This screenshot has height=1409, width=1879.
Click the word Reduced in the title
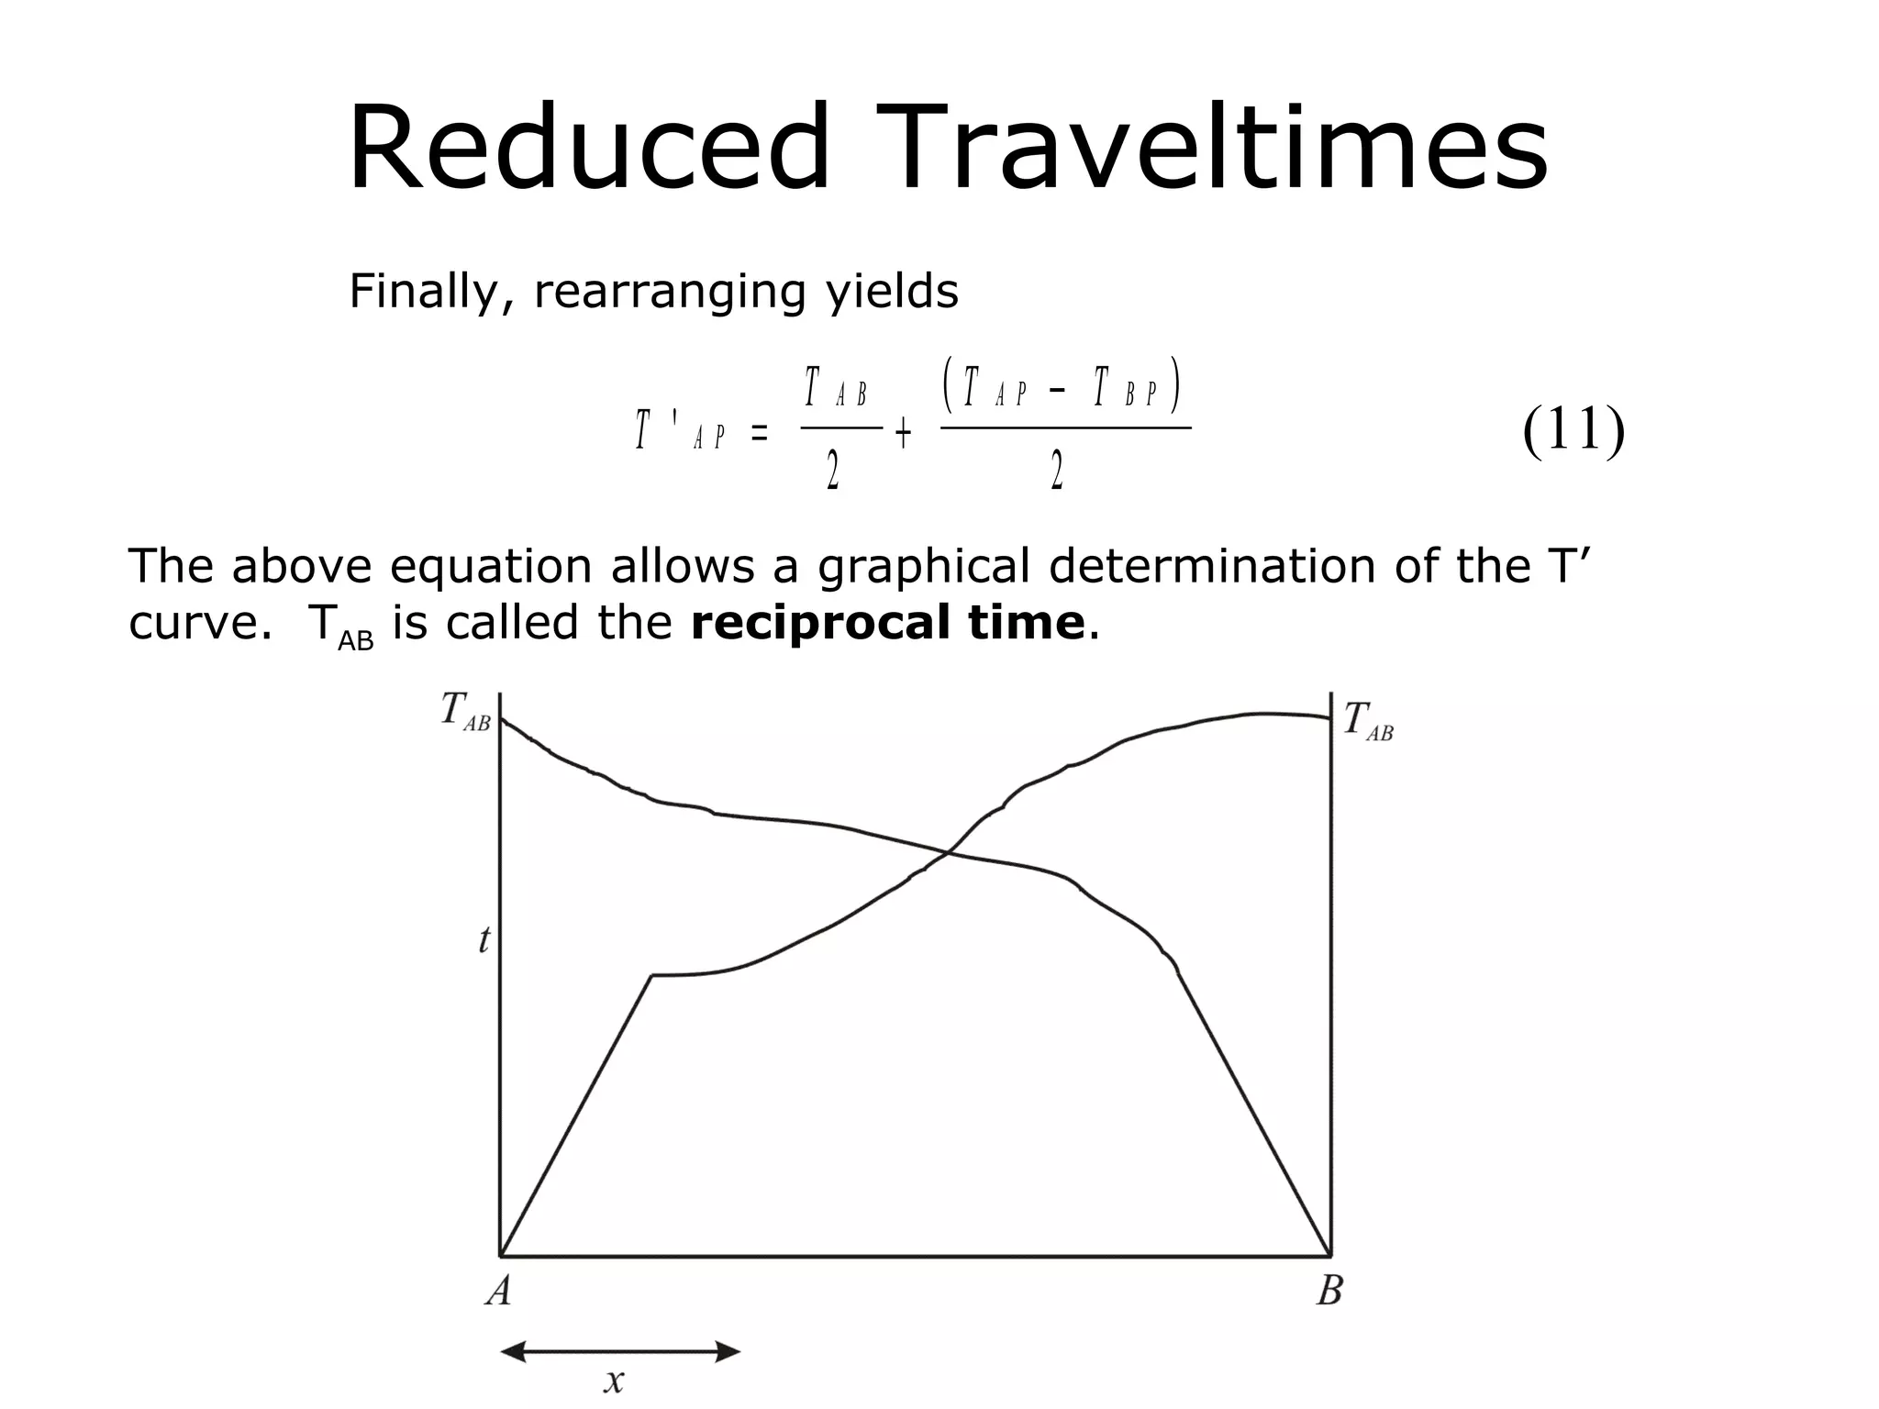tap(588, 149)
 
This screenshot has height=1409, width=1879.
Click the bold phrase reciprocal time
tap(887, 624)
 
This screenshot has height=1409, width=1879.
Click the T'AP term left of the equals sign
tap(680, 431)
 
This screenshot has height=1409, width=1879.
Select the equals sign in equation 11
tap(759, 434)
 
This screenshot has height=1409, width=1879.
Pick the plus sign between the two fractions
tap(903, 434)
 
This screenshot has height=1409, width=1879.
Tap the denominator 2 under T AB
tap(833, 473)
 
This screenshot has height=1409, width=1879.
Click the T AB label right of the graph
tap(1368, 720)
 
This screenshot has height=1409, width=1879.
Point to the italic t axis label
tap(484, 940)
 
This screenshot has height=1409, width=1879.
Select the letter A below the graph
tap(498, 1291)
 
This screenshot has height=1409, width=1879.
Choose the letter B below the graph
tap(1329, 1291)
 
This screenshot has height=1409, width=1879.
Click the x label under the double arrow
tap(614, 1380)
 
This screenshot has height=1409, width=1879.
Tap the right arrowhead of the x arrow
tap(729, 1351)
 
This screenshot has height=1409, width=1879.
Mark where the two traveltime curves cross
tap(948, 854)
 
